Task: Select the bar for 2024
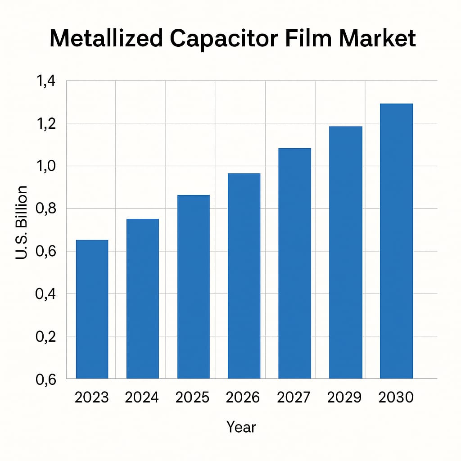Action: click(142, 298)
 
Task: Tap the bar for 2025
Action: click(193, 286)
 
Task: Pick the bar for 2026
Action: click(244, 276)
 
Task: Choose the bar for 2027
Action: click(294, 263)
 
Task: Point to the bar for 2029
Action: click(345, 252)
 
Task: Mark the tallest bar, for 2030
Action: click(396, 241)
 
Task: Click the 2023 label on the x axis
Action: click(92, 398)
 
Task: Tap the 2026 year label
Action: click(244, 398)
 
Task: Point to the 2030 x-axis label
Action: click(396, 398)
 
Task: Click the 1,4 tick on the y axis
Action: click(44, 81)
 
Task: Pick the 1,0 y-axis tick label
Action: click(44, 167)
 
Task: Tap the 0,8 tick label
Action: click(44, 209)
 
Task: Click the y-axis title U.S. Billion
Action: click(22, 222)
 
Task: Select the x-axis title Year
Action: click(241, 427)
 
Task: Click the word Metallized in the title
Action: click(106, 39)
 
